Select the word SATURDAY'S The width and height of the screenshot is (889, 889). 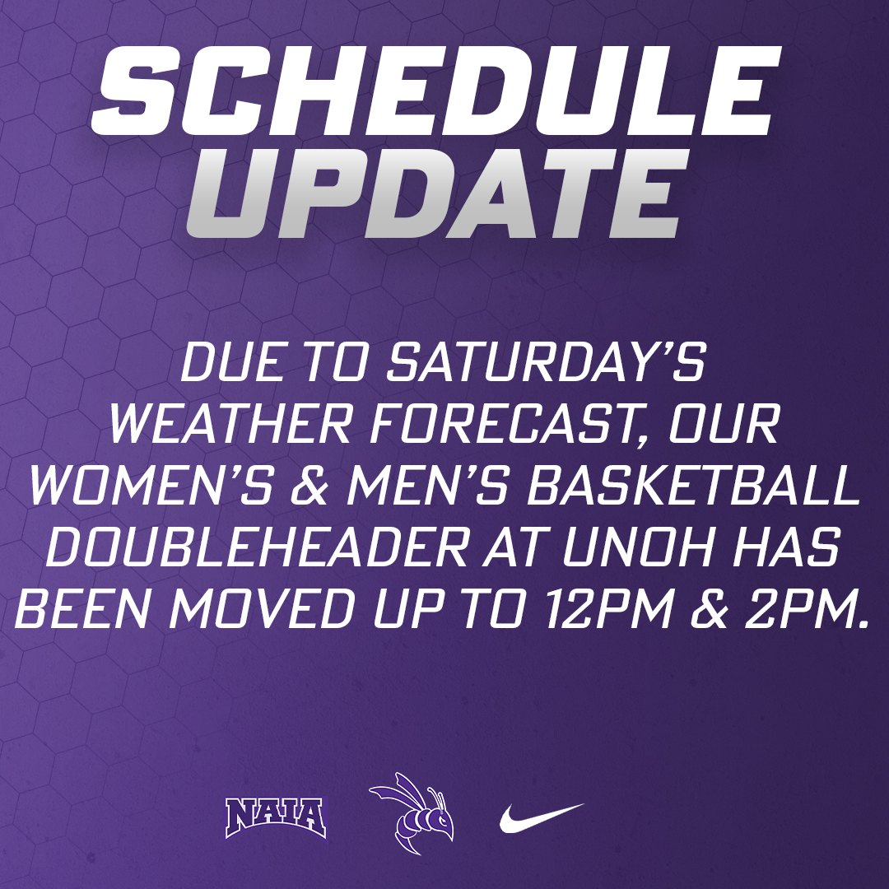[x=547, y=362]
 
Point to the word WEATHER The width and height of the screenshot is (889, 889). [x=207, y=426]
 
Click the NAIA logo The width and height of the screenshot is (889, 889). [x=276, y=816]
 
